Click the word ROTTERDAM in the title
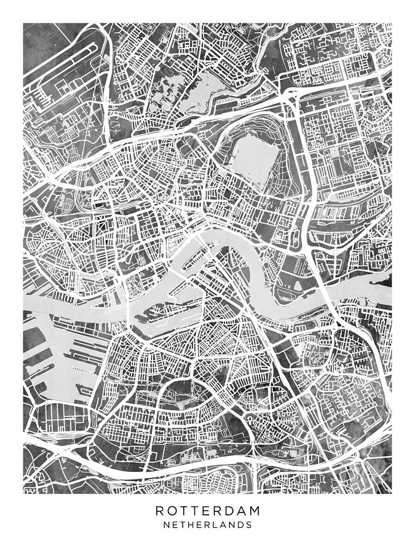pyautogui.click(x=207, y=511)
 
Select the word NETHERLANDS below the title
pyautogui.click(x=207, y=525)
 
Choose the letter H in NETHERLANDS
pyautogui.click(x=190, y=525)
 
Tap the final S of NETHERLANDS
pyautogui.click(x=248, y=525)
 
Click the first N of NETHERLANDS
pyautogui.click(x=167, y=525)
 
